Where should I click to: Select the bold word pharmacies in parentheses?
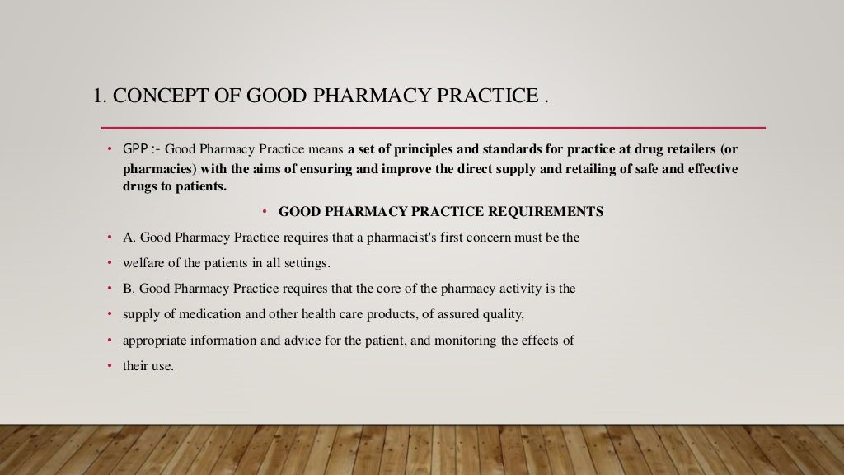[x=157, y=168]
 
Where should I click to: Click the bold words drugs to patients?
[x=173, y=186]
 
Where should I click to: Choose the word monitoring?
[x=455, y=340]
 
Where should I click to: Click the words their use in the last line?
[x=148, y=365]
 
